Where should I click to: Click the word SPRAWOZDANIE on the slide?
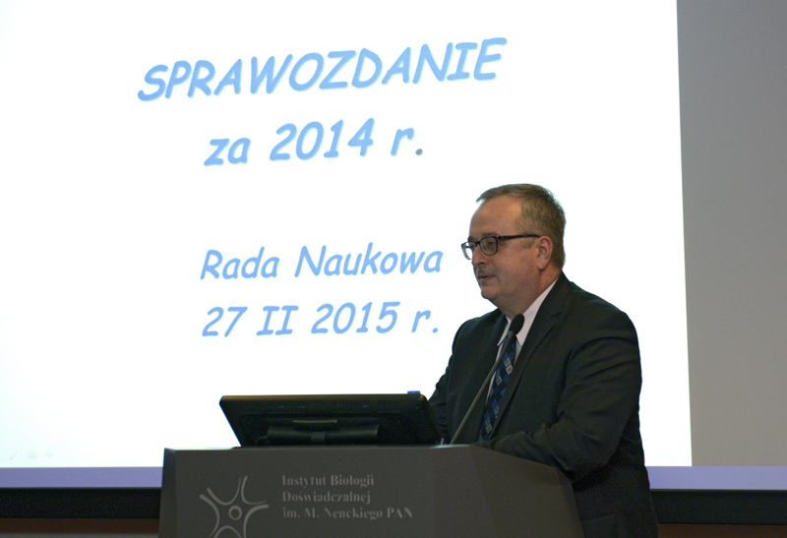[x=322, y=69]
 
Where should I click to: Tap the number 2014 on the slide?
[x=322, y=140]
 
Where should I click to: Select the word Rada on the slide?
[x=239, y=265]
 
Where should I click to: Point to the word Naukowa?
[x=368, y=261]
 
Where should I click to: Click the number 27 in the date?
[x=224, y=322]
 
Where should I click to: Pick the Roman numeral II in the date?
[x=277, y=320]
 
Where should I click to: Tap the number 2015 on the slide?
[x=355, y=318]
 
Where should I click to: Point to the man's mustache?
[x=485, y=272]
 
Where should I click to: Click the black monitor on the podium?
[x=330, y=420]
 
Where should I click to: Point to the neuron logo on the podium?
[x=233, y=507]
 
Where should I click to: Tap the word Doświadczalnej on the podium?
[x=327, y=497]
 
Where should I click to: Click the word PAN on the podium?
[x=400, y=512]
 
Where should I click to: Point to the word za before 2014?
[x=226, y=151]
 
